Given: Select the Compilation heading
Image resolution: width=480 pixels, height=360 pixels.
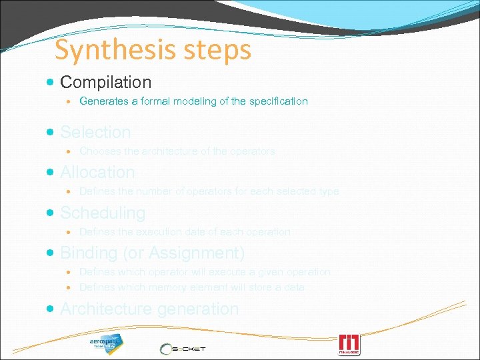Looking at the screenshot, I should [105, 82].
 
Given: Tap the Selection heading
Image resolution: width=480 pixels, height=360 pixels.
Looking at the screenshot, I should [95, 132].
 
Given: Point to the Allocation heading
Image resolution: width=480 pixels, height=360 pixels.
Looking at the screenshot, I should [97, 172].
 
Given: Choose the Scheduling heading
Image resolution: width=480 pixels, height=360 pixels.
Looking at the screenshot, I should [103, 213].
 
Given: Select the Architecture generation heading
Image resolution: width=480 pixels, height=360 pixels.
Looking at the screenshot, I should [149, 309].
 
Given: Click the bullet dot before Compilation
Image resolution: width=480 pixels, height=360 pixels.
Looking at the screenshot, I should [51, 83].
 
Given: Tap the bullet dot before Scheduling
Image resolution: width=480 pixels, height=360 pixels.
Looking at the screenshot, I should [51, 213].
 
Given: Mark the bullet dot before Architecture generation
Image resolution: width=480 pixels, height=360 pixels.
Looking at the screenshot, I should [51, 309].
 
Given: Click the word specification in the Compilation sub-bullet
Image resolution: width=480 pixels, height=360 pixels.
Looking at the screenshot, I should [279, 101].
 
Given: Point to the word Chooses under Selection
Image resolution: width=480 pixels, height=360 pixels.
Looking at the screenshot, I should [100, 151].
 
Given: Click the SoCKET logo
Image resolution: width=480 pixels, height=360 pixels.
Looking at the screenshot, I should [183, 349].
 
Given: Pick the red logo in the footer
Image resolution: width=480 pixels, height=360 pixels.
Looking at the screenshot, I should [349, 344].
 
